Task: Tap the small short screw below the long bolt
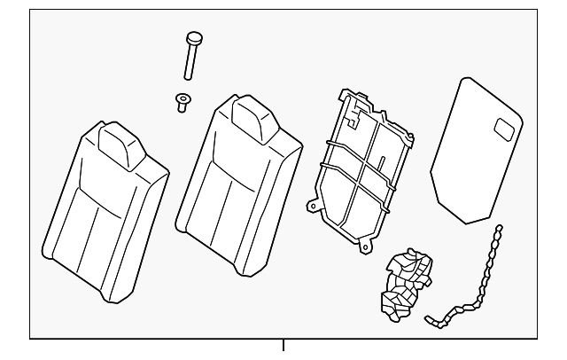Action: click(x=183, y=102)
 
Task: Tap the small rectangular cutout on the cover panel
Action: click(x=508, y=129)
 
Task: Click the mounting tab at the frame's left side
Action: click(x=312, y=207)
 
